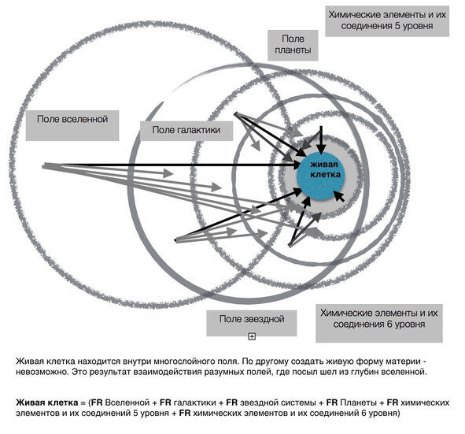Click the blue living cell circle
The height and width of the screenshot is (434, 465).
pyautogui.click(x=320, y=176)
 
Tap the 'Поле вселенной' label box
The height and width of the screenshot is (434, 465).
pyautogui.click(x=72, y=125)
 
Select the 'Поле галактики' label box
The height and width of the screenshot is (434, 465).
pyautogui.click(x=186, y=131)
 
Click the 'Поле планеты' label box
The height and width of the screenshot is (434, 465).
pyautogui.click(x=293, y=45)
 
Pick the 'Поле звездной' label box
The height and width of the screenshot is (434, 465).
pyautogui.click(x=252, y=323)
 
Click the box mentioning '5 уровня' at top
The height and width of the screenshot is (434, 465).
pyautogui.click(x=387, y=21)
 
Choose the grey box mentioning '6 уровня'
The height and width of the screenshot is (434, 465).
pyautogui.click(x=379, y=323)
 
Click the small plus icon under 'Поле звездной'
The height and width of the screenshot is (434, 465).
pyautogui.click(x=252, y=336)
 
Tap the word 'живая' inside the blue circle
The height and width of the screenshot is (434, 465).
pyautogui.click(x=324, y=165)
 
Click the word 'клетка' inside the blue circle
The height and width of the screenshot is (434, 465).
pyautogui.click(x=325, y=174)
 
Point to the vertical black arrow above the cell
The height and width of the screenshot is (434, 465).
pyautogui.click(x=320, y=139)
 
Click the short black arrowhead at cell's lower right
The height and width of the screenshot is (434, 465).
pyautogui.click(x=339, y=196)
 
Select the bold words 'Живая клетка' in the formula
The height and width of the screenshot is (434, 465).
pyautogui.click(x=47, y=402)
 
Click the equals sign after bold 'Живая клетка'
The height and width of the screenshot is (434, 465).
pyautogui.click(x=83, y=402)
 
